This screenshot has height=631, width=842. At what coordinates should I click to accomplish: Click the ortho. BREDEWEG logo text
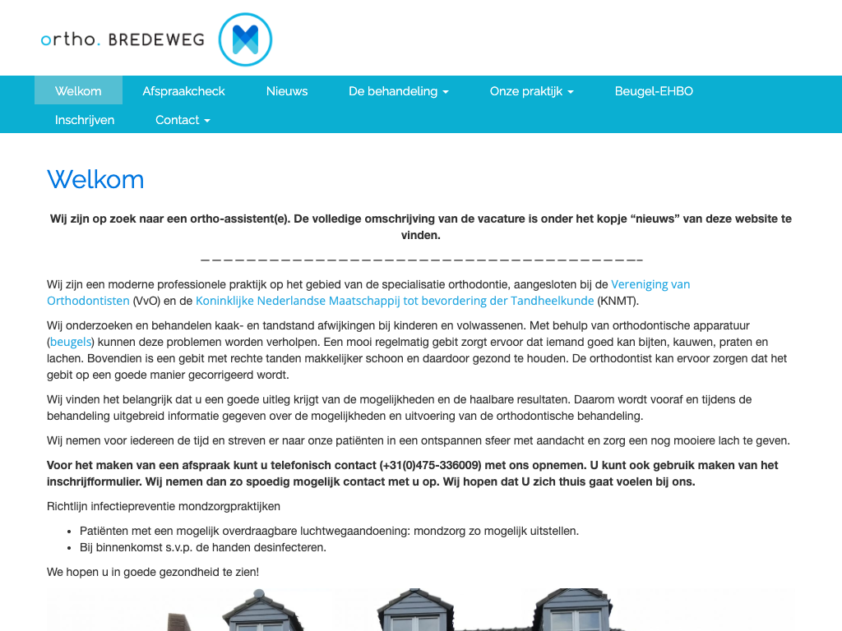tap(123, 39)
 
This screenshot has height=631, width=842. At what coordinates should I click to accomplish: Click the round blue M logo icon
tap(245, 39)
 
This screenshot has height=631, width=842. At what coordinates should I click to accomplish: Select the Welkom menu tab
tap(78, 91)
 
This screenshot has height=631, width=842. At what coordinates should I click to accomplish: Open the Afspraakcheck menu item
tap(183, 91)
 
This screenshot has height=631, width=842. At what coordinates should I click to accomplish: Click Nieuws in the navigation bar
tap(287, 91)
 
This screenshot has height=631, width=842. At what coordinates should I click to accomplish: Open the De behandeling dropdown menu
tap(399, 91)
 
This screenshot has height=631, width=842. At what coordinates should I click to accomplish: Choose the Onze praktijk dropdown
tap(531, 91)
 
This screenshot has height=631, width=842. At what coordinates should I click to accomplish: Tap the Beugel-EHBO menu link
tap(654, 91)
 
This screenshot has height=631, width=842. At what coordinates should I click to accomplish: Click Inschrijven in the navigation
tap(85, 120)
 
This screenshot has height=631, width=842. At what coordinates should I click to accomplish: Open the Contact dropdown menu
tap(183, 120)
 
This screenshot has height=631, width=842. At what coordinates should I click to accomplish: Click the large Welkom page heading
tap(95, 179)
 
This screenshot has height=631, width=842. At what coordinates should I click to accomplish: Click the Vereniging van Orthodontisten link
tap(650, 284)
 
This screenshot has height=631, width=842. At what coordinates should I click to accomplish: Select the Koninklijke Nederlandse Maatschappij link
tap(395, 301)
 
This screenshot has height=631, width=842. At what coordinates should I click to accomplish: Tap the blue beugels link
tap(71, 342)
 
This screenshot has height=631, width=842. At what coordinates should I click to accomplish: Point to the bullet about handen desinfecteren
tap(203, 547)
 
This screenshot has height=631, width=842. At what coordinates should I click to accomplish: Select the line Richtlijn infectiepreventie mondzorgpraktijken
tap(164, 506)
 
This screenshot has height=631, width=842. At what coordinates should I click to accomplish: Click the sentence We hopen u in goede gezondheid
tap(153, 571)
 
